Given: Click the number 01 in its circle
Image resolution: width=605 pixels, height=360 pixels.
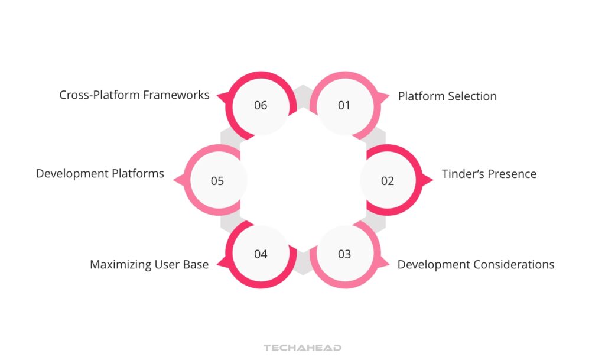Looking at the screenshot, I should tap(344, 106).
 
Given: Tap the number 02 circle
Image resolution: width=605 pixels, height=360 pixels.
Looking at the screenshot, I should tap(387, 181).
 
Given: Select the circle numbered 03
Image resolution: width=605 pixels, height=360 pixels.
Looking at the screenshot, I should tap(344, 254).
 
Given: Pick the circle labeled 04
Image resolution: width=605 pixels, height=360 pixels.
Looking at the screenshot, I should tap(261, 254).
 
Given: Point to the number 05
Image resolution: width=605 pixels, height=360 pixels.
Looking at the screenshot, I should tap(217, 181).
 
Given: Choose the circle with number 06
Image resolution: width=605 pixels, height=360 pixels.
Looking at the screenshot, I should tap(261, 106).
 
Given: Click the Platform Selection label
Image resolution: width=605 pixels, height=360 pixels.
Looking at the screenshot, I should tap(447, 96).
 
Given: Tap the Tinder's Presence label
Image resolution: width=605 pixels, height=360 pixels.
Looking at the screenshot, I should tap(489, 174).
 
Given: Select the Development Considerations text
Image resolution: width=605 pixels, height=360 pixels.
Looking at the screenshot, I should tap(476, 264).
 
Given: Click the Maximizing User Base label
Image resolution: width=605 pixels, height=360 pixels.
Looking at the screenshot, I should tap(149, 264).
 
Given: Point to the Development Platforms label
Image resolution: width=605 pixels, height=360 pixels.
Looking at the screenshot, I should tap(100, 174).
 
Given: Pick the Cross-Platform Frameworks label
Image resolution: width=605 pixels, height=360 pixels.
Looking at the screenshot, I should tap(134, 95).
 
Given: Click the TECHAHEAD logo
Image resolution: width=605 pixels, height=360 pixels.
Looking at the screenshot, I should tap(302, 348).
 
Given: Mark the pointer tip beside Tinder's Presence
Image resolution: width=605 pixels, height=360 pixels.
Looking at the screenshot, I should tap(432, 180).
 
